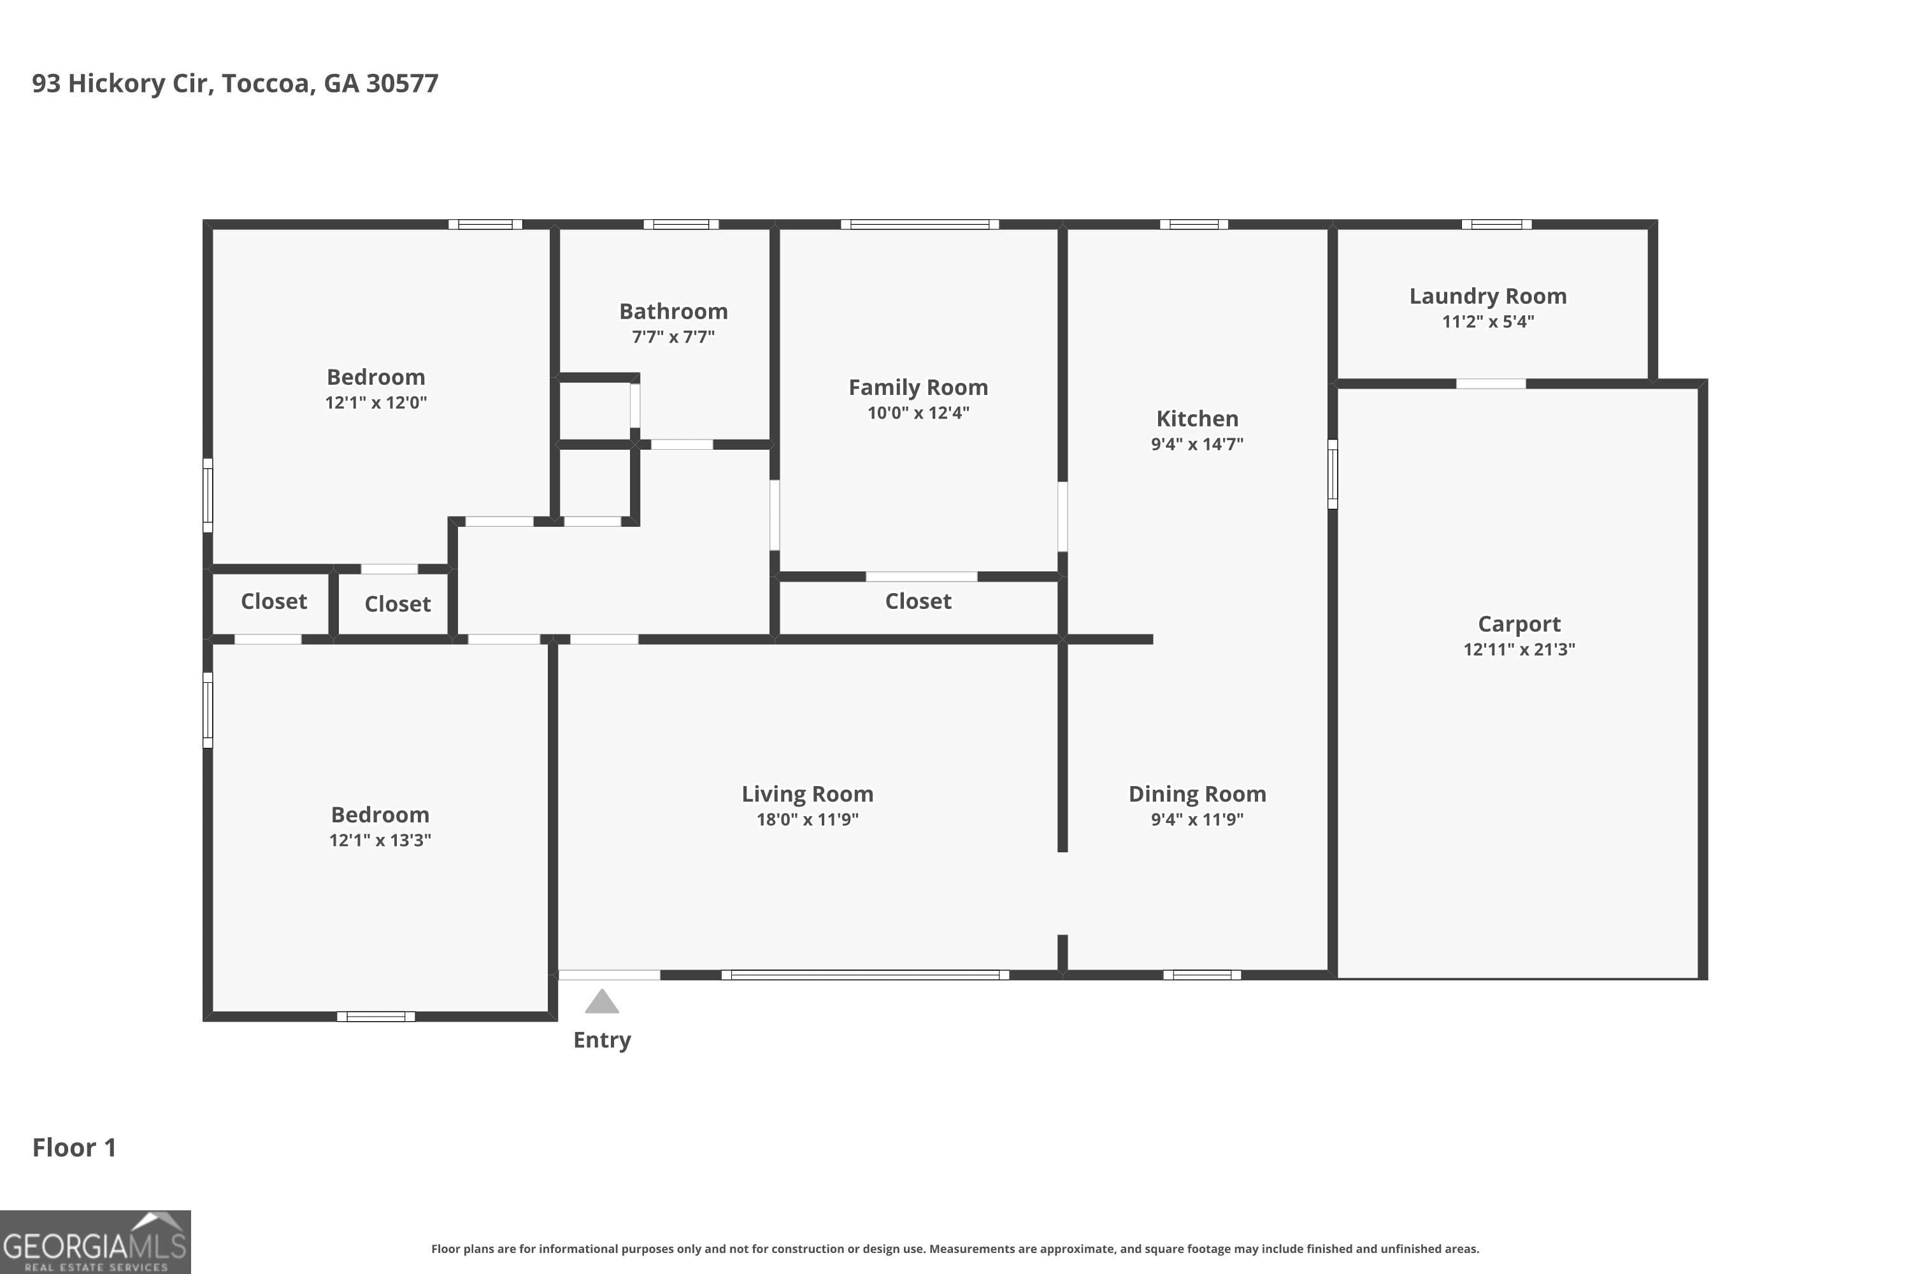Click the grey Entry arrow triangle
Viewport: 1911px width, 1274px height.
pos(601,1003)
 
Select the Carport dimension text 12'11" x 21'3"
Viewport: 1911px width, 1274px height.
pos(1519,649)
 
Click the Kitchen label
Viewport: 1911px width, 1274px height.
pos(1197,419)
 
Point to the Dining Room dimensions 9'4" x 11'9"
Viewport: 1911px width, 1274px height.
pos(1197,819)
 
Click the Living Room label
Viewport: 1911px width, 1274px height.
pos(807,794)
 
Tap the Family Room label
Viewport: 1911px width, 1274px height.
pos(918,387)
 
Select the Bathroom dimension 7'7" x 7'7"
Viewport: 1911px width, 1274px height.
pos(673,336)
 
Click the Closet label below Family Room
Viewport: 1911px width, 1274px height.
pos(917,601)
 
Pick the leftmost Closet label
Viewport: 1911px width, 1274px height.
pos(274,601)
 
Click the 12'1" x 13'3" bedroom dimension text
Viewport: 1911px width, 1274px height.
pos(380,840)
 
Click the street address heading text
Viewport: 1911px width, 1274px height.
pos(235,83)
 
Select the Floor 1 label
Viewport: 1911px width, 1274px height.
pos(74,1147)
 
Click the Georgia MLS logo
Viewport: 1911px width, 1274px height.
pos(95,1242)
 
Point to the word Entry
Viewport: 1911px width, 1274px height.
pos(601,1040)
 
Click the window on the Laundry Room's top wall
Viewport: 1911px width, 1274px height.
pos(1496,224)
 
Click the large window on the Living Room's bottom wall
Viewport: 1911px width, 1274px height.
pos(864,975)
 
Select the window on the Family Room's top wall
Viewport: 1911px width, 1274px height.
pos(919,224)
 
